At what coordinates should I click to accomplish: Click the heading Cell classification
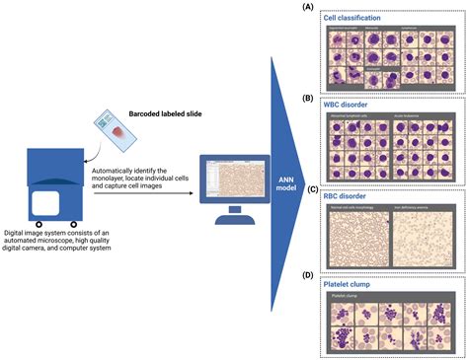(x=359, y=17)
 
